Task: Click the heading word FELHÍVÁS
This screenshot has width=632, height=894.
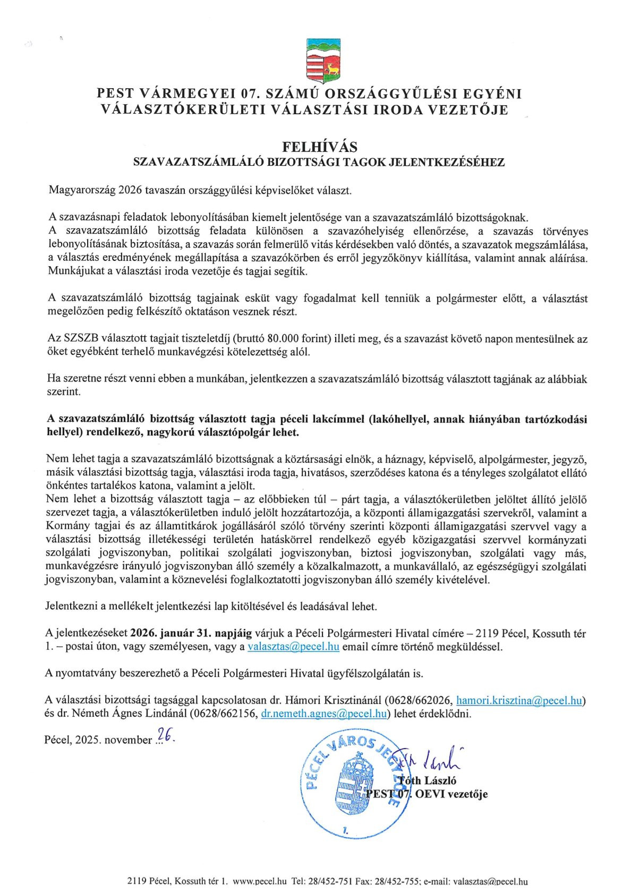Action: pos(319,147)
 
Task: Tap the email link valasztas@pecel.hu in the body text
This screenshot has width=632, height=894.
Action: pos(293,646)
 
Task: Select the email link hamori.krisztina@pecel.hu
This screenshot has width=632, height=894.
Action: pos(519,700)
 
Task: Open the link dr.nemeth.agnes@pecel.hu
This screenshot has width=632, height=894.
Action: pos(323,713)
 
